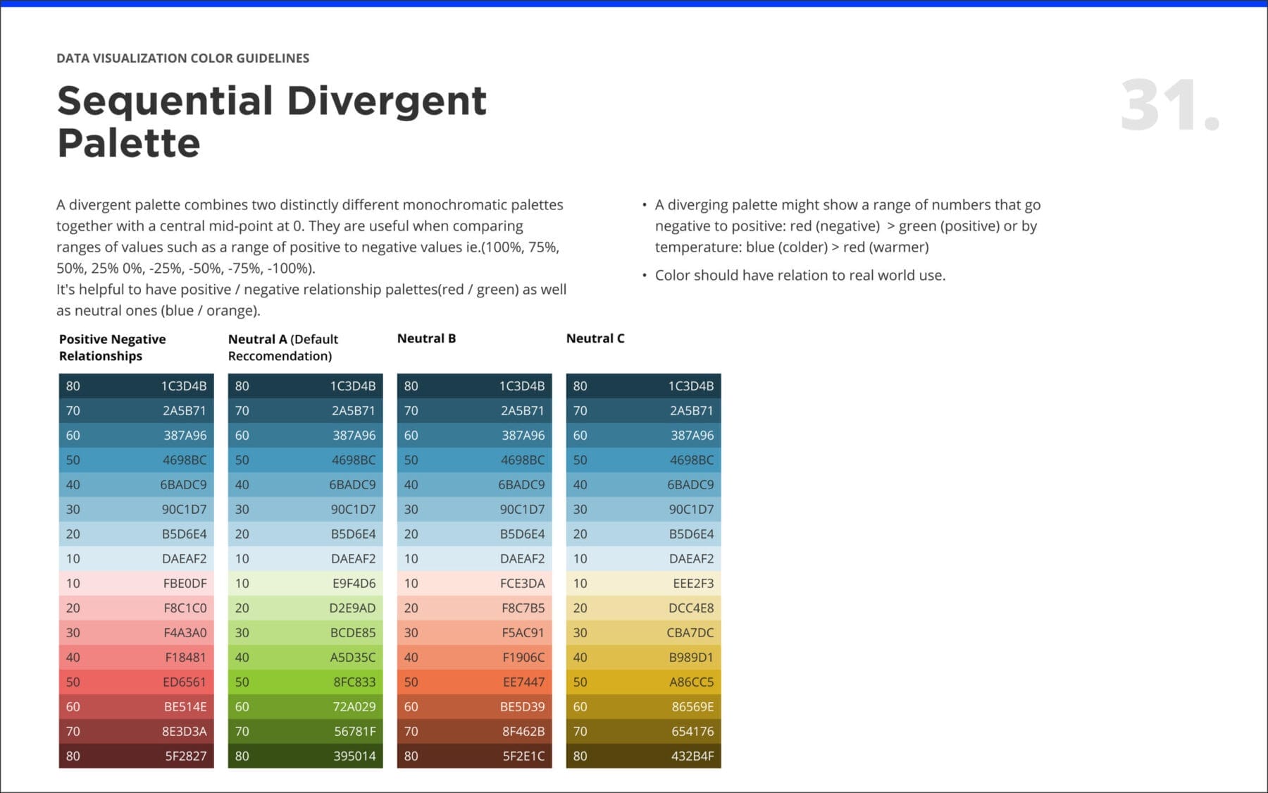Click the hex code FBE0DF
click(185, 583)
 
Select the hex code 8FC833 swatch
click(354, 682)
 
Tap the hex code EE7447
click(523, 682)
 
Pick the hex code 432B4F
click(692, 756)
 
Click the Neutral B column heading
click(426, 338)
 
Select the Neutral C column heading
click(595, 338)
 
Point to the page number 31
click(1169, 106)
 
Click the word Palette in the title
click(129, 143)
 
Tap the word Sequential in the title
click(165, 101)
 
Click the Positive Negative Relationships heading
click(112, 347)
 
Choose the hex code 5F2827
click(186, 756)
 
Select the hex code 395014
click(354, 756)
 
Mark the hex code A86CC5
click(691, 682)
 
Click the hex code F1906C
click(523, 657)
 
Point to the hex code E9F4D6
click(354, 583)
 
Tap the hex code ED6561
click(185, 682)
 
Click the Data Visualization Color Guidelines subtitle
click(182, 58)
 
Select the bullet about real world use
click(800, 275)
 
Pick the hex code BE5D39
click(522, 706)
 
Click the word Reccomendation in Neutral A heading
click(278, 356)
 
